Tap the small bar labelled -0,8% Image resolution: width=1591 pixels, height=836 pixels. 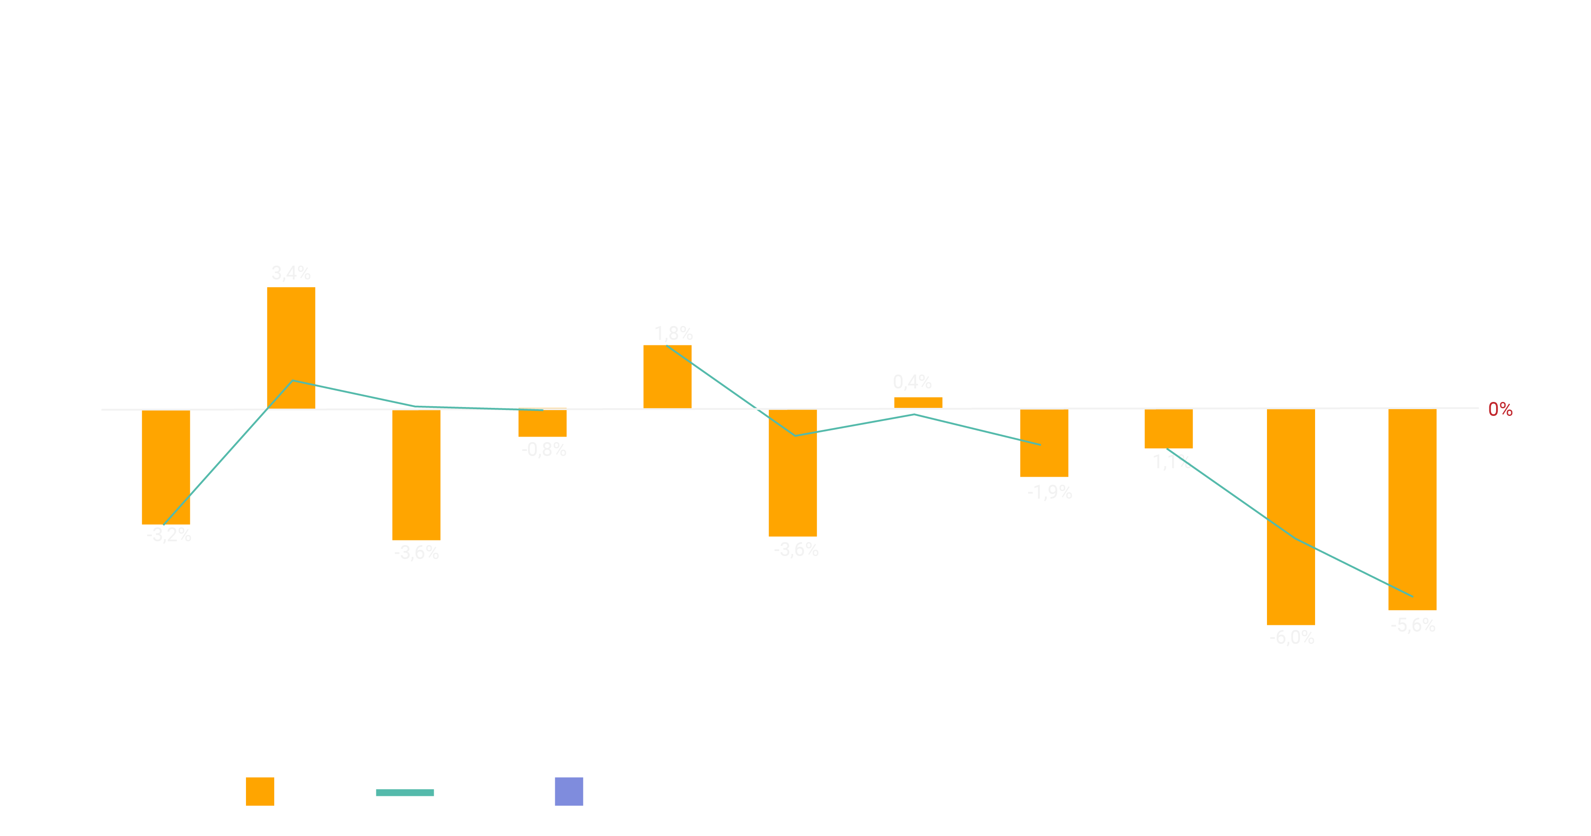click(542, 423)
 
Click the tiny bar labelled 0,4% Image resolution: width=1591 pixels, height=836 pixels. click(918, 402)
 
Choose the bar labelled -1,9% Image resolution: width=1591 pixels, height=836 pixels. click(1044, 442)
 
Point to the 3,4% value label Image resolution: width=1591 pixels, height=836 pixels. click(291, 272)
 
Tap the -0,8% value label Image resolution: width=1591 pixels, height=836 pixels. click(543, 449)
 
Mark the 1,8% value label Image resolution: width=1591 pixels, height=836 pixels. click(673, 334)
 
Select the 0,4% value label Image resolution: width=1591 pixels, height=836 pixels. click(912, 382)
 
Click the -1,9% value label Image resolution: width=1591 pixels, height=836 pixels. click(1049, 492)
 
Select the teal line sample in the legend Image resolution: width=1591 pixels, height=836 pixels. click(405, 792)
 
